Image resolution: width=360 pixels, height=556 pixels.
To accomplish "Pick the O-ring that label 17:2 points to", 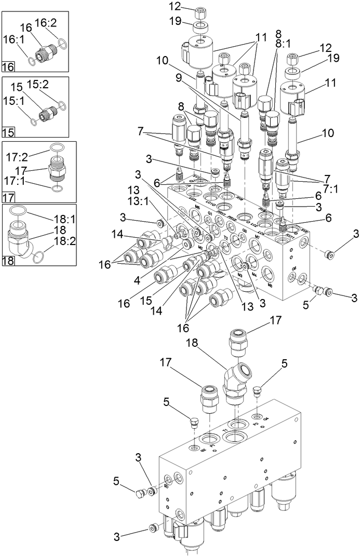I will pos(58,148).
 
